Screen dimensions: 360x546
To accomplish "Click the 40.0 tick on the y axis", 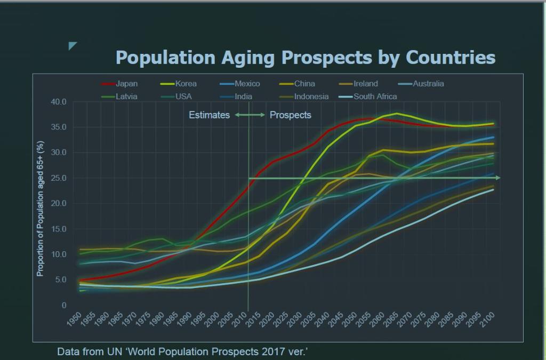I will tap(59, 102).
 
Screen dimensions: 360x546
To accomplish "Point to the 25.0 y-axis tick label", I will tap(59, 178).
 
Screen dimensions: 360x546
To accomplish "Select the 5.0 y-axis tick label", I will tap(60, 280).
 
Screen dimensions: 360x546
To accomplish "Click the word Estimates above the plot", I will tap(209, 115).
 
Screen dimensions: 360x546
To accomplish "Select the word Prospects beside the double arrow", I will tap(290, 115).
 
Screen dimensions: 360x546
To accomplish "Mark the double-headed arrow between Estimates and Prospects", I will tap(250, 115).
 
